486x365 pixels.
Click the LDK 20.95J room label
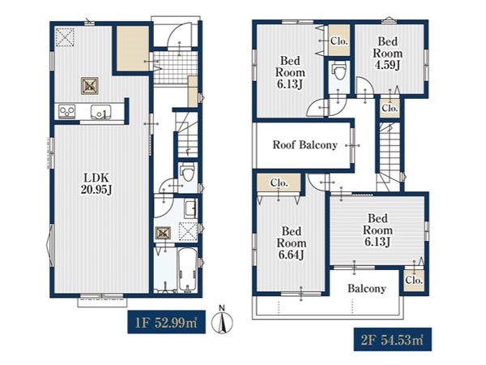(96, 183)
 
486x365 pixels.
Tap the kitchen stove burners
(67, 112)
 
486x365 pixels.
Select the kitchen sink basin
(100, 112)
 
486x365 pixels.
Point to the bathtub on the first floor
(188, 270)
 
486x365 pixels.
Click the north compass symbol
(222, 320)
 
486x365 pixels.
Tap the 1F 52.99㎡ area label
(166, 323)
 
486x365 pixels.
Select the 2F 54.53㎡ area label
(392, 340)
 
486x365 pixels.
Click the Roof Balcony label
(305, 145)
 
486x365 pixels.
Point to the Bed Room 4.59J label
(387, 53)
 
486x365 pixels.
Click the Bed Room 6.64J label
(292, 243)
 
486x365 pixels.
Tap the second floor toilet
(339, 71)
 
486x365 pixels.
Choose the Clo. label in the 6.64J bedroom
(279, 182)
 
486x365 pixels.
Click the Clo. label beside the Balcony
(414, 281)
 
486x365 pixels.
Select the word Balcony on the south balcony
(367, 289)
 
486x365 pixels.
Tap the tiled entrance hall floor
(176, 67)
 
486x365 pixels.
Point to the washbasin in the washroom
(190, 208)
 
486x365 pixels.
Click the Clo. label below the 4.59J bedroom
(390, 109)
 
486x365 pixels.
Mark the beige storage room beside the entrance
(133, 49)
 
